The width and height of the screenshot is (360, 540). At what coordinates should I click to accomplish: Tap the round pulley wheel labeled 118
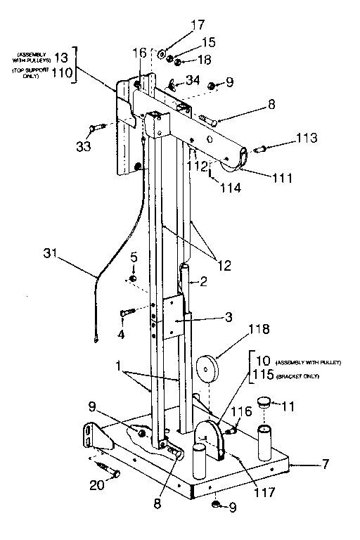click(207, 368)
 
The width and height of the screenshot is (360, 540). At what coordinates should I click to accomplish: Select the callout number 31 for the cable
click(52, 252)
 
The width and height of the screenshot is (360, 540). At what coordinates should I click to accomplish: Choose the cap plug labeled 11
click(265, 404)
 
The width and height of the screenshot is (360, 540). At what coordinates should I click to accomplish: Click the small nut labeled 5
click(132, 279)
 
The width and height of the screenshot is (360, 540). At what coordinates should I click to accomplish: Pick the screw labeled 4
click(127, 311)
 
